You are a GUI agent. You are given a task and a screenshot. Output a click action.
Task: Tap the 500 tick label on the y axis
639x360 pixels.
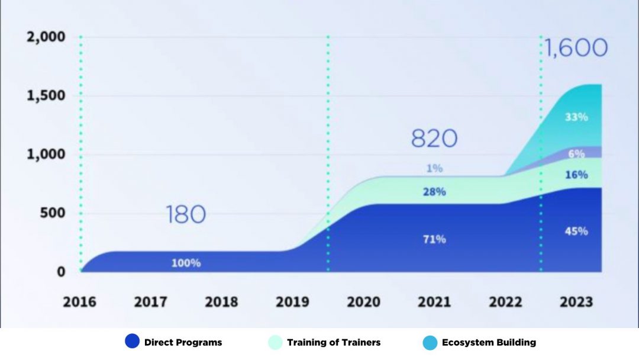(53, 213)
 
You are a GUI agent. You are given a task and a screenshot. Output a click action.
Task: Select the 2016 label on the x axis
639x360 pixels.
(79, 302)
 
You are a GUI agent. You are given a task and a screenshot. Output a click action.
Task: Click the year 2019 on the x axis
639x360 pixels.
(292, 302)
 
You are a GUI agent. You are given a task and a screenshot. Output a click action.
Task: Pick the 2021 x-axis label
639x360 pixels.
(434, 302)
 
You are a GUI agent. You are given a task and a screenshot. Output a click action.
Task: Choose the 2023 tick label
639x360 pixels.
(576, 302)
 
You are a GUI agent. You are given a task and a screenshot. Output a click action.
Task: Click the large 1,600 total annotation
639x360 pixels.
(576, 48)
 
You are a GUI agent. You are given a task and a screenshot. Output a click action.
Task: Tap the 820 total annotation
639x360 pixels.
(434, 139)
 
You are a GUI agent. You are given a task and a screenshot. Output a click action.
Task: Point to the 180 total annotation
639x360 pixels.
(186, 214)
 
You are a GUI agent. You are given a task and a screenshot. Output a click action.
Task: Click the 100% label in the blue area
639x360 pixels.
(186, 263)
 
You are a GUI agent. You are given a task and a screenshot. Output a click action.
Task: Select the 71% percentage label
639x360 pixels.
(434, 239)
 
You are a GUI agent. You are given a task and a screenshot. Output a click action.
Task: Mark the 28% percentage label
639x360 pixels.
(434, 192)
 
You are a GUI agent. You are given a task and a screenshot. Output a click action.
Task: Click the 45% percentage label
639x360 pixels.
(576, 231)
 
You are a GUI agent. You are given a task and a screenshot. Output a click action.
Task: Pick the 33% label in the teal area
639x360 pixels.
(576, 117)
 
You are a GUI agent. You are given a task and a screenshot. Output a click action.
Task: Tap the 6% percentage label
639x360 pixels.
(576, 153)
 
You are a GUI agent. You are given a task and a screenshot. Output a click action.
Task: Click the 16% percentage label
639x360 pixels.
(576, 175)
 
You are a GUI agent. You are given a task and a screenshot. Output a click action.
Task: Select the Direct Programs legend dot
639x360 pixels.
(133, 342)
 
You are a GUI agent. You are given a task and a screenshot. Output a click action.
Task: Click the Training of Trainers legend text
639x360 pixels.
(334, 342)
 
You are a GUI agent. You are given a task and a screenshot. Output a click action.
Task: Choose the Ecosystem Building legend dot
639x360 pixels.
(430, 342)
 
